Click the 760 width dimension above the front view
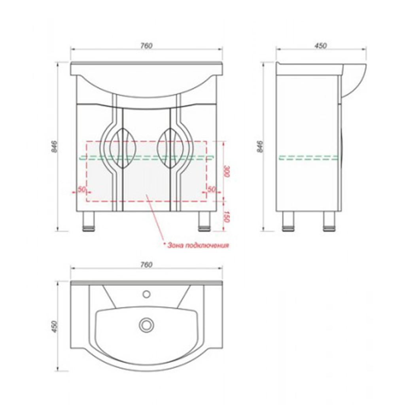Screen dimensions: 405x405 (146, 46)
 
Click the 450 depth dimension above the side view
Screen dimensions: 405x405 (320, 46)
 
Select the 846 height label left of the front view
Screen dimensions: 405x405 (55, 146)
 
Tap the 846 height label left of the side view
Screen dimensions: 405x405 (260, 146)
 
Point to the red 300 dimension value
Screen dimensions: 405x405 (226, 171)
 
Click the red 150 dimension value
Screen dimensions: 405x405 (226, 217)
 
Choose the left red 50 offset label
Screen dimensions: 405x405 (81, 189)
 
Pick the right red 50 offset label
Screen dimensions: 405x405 (211, 189)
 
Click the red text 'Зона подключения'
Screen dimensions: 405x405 (198, 245)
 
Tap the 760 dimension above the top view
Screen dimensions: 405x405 (146, 265)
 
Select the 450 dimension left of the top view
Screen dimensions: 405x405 (55, 327)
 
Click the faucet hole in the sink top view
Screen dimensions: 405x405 (146, 294)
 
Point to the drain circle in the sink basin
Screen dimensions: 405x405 (146, 324)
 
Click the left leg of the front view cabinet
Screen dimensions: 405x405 (89, 221)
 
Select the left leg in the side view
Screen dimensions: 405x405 (288, 221)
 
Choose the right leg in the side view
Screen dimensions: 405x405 (330, 221)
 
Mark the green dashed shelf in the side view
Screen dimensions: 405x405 (308, 158)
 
